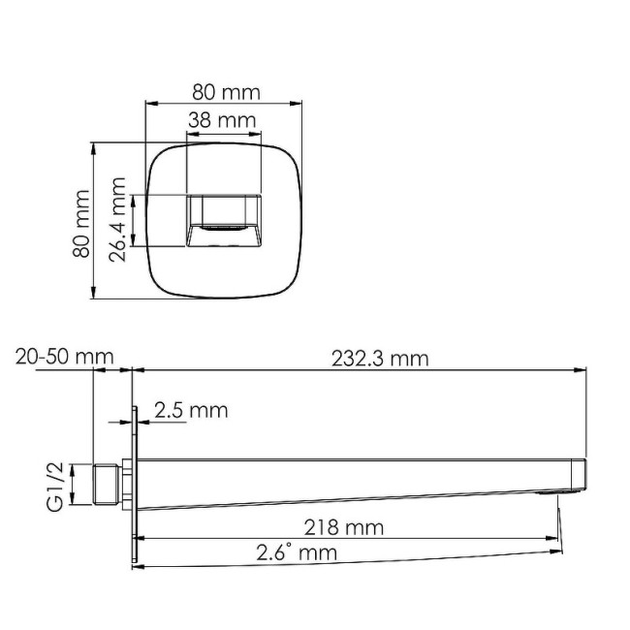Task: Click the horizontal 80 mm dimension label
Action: click(x=226, y=92)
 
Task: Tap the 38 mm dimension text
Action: click(x=223, y=120)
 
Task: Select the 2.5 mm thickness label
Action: click(x=190, y=410)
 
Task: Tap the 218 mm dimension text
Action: click(x=341, y=527)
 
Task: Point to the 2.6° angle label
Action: click(x=301, y=552)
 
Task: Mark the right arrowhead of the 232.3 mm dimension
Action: click(x=583, y=369)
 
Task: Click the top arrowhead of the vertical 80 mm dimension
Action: click(x=93, y=147)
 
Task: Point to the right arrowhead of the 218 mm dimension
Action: click(x=557, y=539)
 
